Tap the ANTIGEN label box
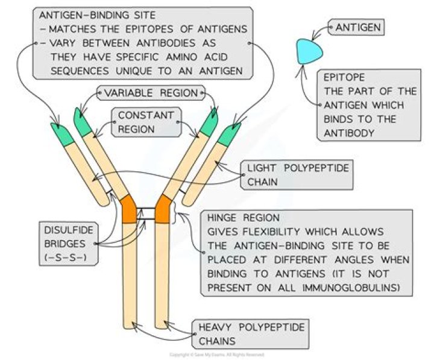click(359, 27)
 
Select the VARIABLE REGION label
click(151, 93)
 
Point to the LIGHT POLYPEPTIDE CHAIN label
click(297, 175)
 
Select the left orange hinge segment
click(130, 209)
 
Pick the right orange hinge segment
click(163, 209)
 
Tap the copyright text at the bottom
click(216, 355)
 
